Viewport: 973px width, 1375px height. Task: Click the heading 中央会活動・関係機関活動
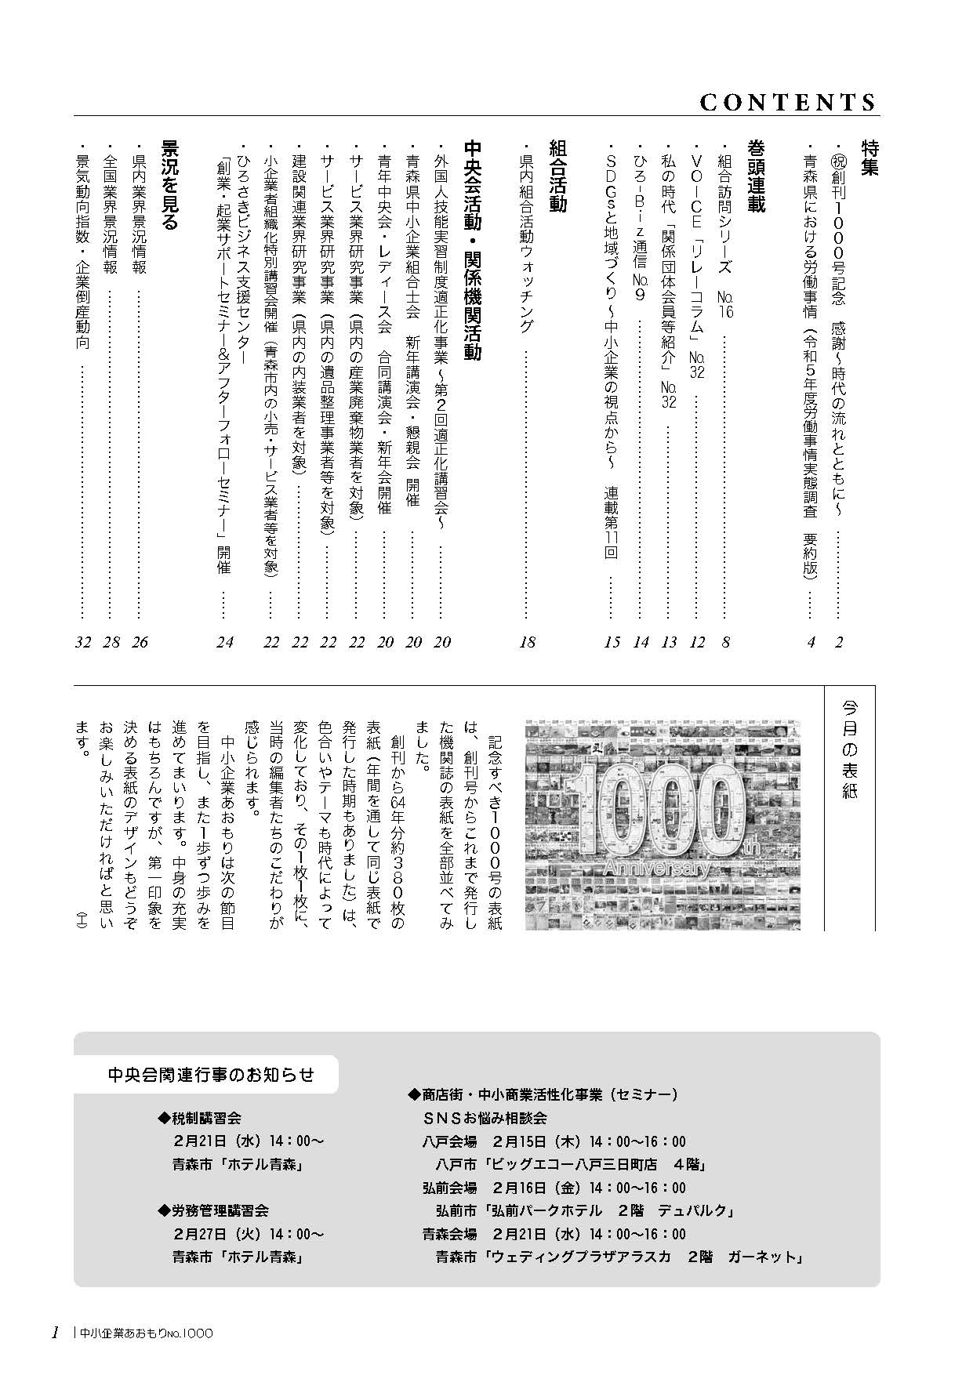click(x=472, y=250)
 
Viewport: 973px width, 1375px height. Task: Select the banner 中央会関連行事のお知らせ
click(x=210, y=1074)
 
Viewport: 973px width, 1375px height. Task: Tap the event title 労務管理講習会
click(x=214, y=1211)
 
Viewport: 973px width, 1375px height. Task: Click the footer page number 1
click(x=55, y=1333)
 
